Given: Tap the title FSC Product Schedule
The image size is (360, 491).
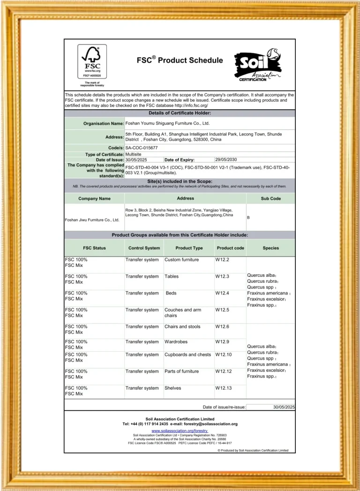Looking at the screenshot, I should tap(180, 60).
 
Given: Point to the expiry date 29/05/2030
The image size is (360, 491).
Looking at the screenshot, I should tap(226, 160).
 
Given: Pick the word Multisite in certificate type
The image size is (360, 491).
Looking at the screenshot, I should tap(136, 154).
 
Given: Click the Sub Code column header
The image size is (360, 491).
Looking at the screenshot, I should tap(270, 198).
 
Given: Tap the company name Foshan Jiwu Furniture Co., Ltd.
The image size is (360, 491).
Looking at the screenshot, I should tap(92, 219).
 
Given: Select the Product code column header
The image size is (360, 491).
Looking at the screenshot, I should tap(230, 248).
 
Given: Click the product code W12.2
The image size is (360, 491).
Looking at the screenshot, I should tap(222, 260).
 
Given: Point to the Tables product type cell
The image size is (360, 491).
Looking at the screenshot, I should tap(172, 277).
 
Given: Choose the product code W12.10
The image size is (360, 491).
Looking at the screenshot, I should tap(224, 355).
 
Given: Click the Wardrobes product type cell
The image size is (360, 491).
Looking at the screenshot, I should tap(177, 342).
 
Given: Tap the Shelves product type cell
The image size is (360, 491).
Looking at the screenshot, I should tap(172, 388).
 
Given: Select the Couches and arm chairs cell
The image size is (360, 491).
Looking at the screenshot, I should tap(183, 312).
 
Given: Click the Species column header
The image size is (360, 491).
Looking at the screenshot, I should tap(270, 248).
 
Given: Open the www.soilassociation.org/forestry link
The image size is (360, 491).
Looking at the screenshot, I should tap(180, 430).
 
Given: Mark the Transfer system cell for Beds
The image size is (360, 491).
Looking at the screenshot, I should tap(142, 294).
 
